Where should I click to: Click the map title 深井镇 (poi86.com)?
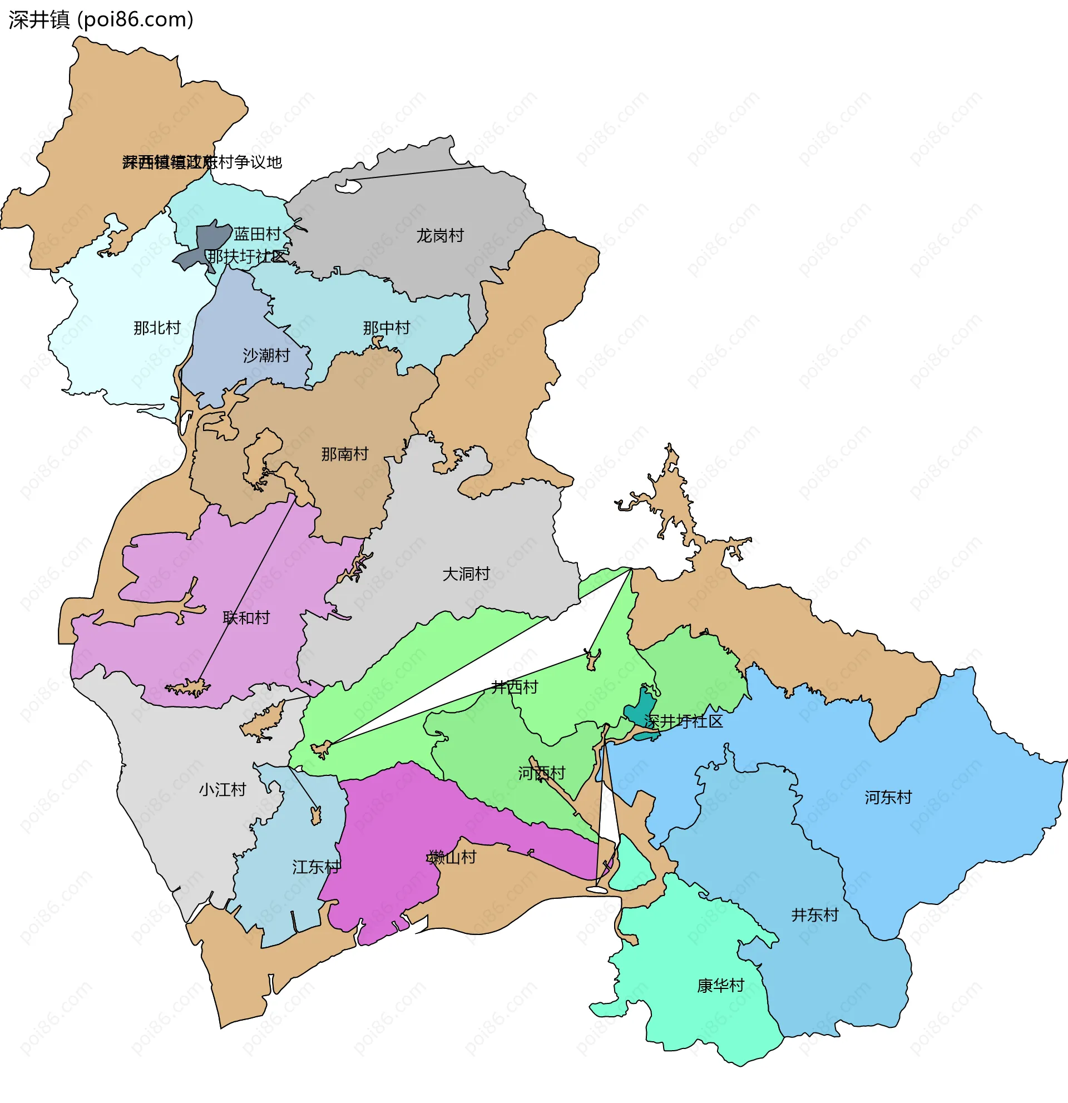(x=101, y=19)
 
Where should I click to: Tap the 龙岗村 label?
(x=440, y=236)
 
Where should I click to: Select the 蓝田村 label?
(x=257, y=234)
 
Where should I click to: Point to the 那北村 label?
(x=157, y=328)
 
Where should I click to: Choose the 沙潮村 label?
(x=266, y=355)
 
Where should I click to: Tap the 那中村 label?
(x=387, y=328)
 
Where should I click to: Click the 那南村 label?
(x=345, y=453)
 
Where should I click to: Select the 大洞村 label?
(x=466, y=574)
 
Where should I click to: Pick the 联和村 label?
(x=246, y=617)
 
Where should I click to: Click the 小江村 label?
(x=222, y=789)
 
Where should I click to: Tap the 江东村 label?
(x=317, y=867)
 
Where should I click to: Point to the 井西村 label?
(x=515, y=686)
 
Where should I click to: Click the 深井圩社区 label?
(x=683, y=721)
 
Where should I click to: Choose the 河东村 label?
(x=888, y=797)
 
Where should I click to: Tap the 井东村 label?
(x=815, y=914)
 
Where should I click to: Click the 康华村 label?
(x=720, y=986)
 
